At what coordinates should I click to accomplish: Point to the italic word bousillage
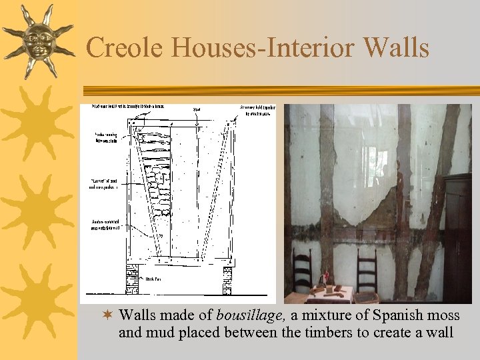click(x=249, y=315)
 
